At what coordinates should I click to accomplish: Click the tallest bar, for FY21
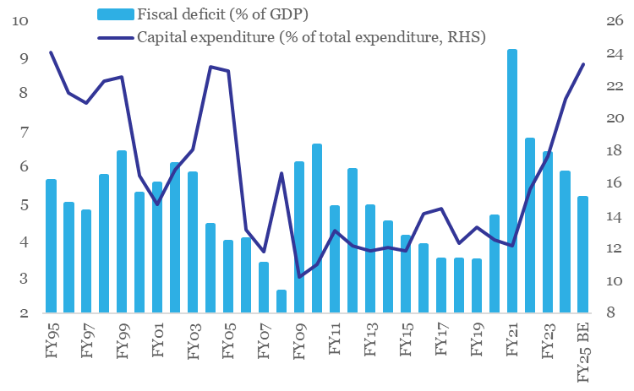(x=512, y=182)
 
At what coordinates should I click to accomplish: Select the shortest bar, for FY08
(x=281, y=301)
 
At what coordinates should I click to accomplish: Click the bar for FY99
(x=122, y=232)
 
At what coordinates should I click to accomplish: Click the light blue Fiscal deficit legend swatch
(x=115, y=14)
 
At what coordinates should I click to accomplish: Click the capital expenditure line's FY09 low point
(x=299, y=276)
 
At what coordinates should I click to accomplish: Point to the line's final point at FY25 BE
(x=583, y=64)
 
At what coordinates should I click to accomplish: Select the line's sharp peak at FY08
(x=281, y=174)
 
